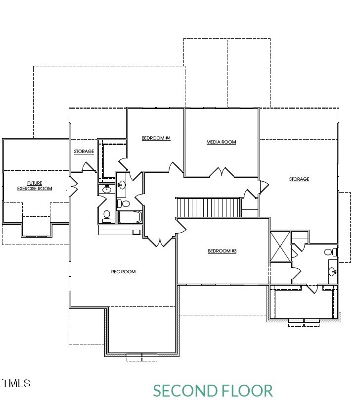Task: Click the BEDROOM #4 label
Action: (156, 138)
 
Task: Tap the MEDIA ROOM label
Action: (221, 142)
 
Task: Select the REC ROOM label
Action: (123, 272)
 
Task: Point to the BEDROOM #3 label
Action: (222, 251)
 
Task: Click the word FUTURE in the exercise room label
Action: (35, 183)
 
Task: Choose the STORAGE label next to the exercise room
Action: (84, 151)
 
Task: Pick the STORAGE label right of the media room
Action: (299, 179)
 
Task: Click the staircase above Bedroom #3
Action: (208, 207)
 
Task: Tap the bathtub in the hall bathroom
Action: (130, 217)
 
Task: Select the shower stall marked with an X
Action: (280, 247)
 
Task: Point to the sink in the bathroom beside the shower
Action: (332, 271)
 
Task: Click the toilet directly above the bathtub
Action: (125, 203)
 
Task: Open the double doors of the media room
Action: (221, 173)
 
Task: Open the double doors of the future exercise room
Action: (74, 187)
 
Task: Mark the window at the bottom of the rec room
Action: (142, 356)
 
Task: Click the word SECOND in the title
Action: (185, 391)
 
